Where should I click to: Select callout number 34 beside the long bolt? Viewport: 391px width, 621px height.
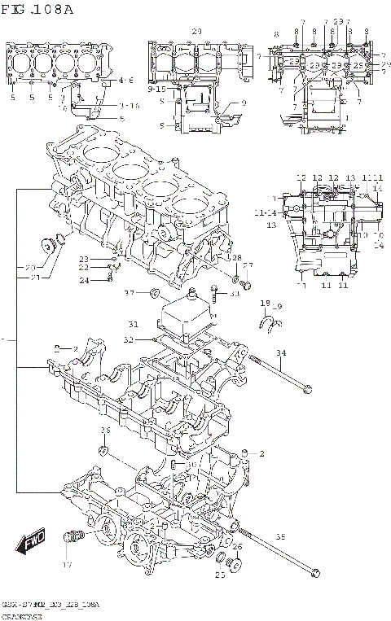click(281, 352)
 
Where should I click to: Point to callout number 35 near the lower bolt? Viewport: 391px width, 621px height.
click(281, 537)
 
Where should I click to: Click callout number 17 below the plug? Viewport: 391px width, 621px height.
click(68, 564)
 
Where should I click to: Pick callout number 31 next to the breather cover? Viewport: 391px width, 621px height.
click(134, 325)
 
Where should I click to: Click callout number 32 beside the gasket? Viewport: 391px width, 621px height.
click(129, 339)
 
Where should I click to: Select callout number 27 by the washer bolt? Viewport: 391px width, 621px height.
click(248, 265)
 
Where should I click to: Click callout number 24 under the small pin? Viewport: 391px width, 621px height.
click(83, 281)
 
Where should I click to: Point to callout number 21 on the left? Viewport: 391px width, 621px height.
click(32, 278)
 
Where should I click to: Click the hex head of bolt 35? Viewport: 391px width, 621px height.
click(314, 575)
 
